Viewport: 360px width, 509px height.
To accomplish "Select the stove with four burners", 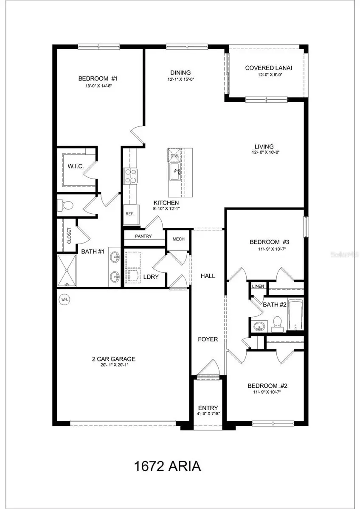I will point(130,176).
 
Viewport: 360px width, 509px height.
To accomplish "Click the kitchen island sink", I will point(176,171).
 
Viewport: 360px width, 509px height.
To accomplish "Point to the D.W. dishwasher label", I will point(174,155).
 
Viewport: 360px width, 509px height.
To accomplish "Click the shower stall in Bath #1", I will point(67,271).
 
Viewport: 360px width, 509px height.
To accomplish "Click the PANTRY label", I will point(143,236).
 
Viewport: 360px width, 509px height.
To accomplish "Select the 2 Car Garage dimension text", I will point(108,365).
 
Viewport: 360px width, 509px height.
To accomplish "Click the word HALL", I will point(208,276).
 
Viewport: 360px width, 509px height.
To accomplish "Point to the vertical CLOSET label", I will point(69,236).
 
